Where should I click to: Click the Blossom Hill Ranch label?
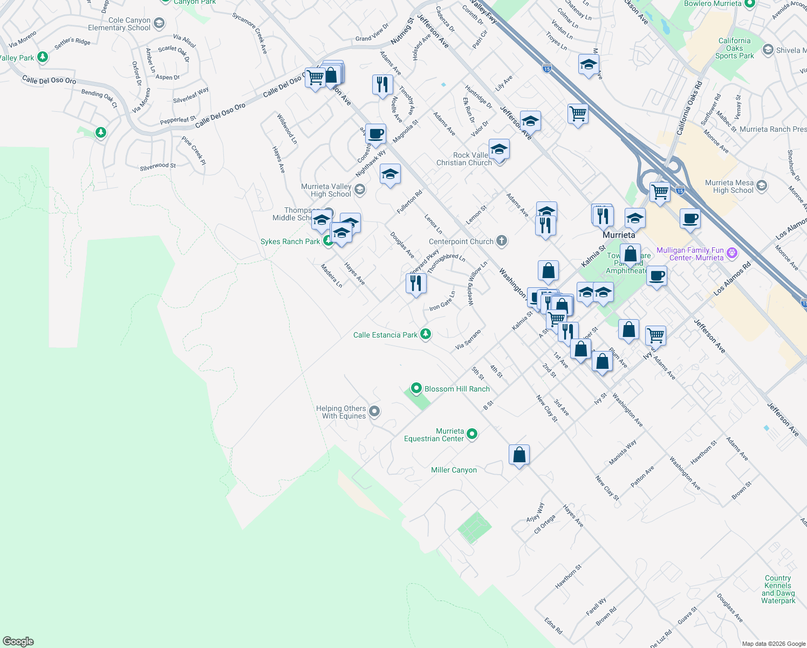click(x=457, y=389)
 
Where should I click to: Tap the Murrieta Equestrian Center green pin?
click(x=472, y=434)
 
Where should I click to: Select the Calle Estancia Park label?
click(x=385, y=335)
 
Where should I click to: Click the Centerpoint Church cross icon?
click(x=502, y=241)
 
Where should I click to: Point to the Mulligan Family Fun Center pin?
click(x=732, y=253)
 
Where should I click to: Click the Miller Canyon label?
click(x=454, y=470)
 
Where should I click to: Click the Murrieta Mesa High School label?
click(x=729, y=186)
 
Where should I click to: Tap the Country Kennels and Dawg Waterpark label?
click(x=778, y=589)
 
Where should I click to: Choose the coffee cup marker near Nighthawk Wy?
click(x=376, y=133)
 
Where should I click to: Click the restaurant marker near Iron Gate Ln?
click(x=416, y=283)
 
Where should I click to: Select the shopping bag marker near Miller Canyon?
click(x=519, y=455)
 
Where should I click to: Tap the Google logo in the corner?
click(x=18, y=642)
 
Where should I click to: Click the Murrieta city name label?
click(x=619, y=235)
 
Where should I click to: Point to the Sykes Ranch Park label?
click(x=290, y=241)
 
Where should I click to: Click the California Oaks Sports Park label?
click(x=734, y=48)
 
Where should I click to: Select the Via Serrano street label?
click(x=468, y=339)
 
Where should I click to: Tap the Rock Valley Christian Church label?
click(x=464, y=159)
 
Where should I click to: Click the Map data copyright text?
click(x=773, y=644)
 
